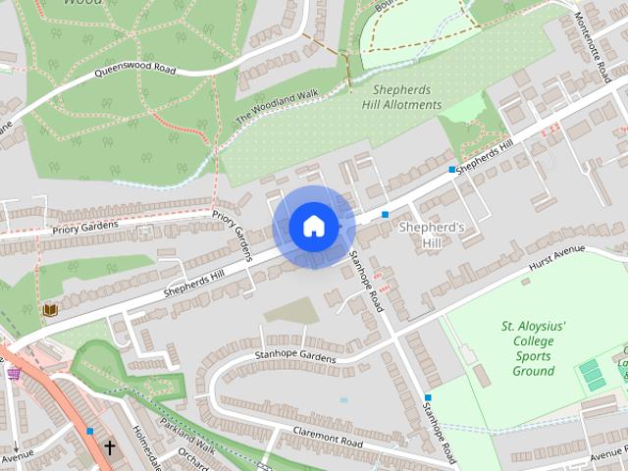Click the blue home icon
tap(313, 227)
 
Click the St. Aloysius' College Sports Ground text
tap(534, 348)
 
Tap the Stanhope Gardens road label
tap(294, 355)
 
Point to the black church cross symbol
tap(109, 447)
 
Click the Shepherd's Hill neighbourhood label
tap(432, 234)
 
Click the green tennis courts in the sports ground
tap(591, 374)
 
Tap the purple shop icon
tap(13, 373)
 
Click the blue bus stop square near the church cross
tap(90, 430)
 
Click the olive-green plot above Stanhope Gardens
tap(291, 312)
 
